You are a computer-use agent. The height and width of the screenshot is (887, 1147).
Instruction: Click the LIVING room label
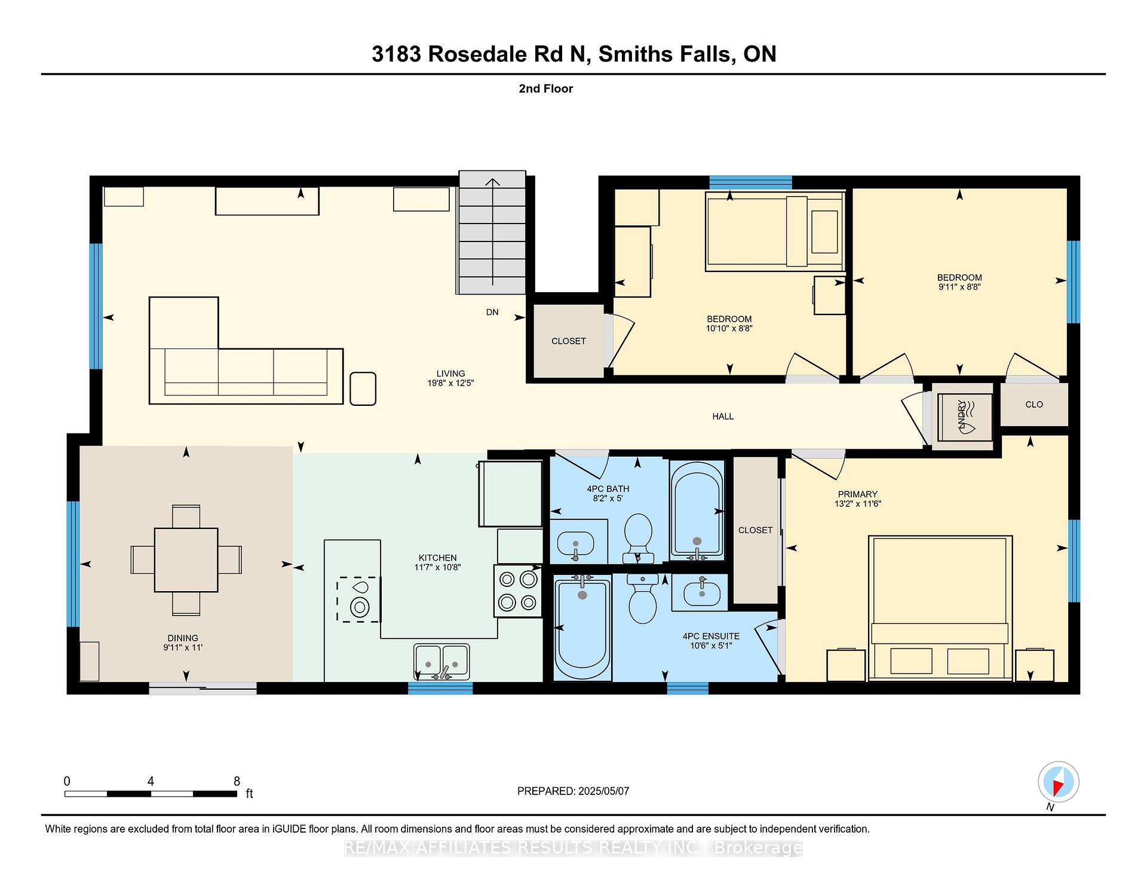click(450, 374)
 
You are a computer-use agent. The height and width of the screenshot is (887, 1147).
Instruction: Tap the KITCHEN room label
click(438, 558)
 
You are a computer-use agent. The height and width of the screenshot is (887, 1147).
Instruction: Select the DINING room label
click(183, 638)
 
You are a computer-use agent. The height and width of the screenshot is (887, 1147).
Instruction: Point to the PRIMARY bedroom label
click(858, 494)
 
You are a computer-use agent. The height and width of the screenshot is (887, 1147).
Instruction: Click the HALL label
click(723, 416)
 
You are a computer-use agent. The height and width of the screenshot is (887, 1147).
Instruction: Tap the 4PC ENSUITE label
click(711, 636)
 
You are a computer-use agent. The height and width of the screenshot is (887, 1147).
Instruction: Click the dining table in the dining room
click(186, 560)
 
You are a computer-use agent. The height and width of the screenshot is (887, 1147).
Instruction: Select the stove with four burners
click(518, 591)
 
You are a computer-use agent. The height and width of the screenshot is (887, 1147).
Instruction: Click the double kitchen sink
click(442, 662)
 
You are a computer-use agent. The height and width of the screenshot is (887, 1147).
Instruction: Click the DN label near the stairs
click(492, 312)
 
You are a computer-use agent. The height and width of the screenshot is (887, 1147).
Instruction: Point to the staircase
click(492, 233)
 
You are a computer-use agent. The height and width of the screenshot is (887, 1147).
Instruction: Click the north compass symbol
click(1059, 782)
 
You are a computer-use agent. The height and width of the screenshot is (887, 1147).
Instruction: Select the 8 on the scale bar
click(237, 781)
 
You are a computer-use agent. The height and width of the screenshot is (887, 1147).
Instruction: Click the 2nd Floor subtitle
click(546, 88)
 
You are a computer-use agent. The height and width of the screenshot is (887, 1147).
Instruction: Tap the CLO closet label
click(1034, 405)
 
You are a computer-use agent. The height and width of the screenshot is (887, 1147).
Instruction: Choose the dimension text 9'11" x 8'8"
click(959, 287)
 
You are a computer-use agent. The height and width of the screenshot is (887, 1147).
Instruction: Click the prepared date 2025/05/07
click(604, 791)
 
